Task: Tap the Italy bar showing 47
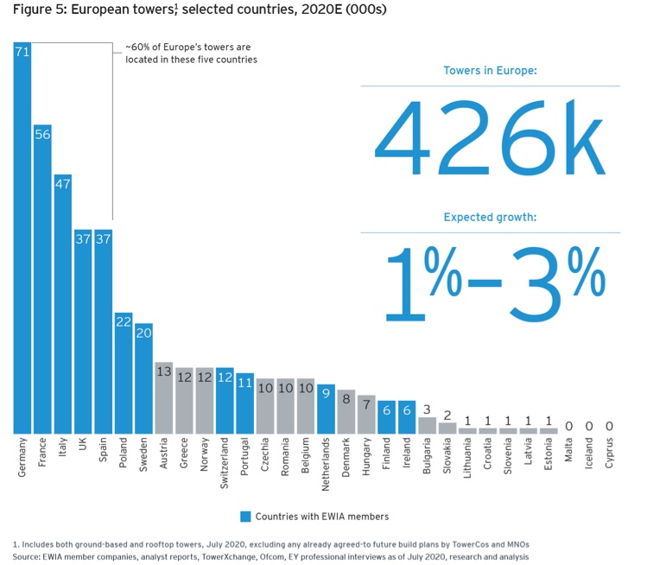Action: click(63, 303)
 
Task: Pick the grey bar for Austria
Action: click(164, 397)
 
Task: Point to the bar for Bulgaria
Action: click(427, 424)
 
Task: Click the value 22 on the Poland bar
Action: click(124, 321)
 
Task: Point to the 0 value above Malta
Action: click(569, 426)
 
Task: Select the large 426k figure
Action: click(489, 138)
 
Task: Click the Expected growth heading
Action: click(490, 217)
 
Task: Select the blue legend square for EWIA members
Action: click(245, 517)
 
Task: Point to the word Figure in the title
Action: click(32, 10)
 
